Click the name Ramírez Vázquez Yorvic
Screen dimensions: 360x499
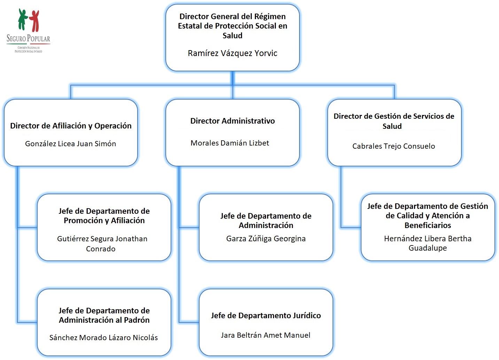232,53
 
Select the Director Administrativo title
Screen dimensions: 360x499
232,121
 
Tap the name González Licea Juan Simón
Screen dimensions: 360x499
70,143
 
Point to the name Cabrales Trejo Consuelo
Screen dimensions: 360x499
393,146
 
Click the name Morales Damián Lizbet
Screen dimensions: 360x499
230,143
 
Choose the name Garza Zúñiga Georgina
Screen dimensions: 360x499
266,238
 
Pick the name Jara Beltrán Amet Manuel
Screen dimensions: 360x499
265,335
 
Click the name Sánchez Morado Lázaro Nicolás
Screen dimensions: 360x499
103,337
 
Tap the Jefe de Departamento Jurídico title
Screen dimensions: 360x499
266,315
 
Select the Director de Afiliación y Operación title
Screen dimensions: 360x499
71,126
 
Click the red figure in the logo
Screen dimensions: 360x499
34,21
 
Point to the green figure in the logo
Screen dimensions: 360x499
23,19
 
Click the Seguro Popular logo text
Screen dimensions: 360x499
28,38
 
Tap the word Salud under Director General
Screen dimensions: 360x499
232,36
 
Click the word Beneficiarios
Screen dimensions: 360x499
428,225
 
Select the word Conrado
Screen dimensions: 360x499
101,249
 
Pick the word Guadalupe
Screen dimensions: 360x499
428,248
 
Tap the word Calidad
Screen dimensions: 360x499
409,216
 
